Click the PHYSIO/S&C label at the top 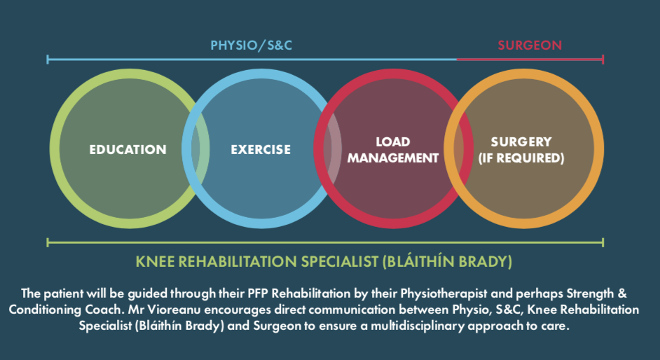252,46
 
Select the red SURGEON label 530,46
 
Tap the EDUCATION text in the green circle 128,149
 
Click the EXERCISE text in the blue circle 261,149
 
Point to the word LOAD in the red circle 393,141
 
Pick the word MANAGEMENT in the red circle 393,158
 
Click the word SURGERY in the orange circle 521,141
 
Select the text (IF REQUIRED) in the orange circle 521,158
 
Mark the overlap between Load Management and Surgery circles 458,148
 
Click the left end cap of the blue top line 48,60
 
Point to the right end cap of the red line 603,60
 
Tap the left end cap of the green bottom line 48,242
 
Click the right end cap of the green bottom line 603,242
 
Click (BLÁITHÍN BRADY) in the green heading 448,261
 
